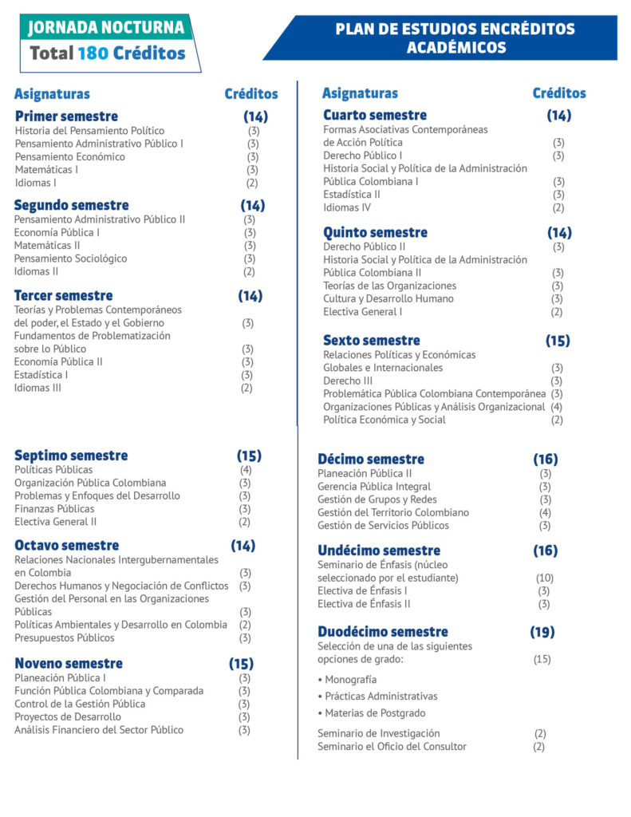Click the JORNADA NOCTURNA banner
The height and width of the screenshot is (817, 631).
106,27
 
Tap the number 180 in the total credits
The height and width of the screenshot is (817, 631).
93,53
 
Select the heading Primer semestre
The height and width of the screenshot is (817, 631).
66,116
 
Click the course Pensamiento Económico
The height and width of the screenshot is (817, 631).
69,156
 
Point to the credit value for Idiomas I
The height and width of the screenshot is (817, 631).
252,183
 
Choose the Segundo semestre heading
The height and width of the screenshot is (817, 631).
71,205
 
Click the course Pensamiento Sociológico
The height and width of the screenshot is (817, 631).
70,259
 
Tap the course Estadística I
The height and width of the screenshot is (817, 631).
41,374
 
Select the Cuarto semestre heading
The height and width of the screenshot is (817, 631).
375,115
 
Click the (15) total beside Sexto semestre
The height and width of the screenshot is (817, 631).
558,341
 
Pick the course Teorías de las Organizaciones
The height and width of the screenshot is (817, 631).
389,286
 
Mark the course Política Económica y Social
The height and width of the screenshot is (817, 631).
384,420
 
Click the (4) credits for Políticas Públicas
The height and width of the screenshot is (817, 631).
246,470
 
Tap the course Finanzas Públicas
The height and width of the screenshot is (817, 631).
54,508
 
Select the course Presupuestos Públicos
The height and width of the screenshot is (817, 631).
64,637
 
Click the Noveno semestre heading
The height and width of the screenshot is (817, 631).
69,663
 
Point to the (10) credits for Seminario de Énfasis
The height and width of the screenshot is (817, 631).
544,578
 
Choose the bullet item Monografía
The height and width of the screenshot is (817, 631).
349,680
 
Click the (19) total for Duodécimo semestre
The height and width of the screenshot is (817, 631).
542,632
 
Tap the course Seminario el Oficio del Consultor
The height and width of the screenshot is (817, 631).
392,746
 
